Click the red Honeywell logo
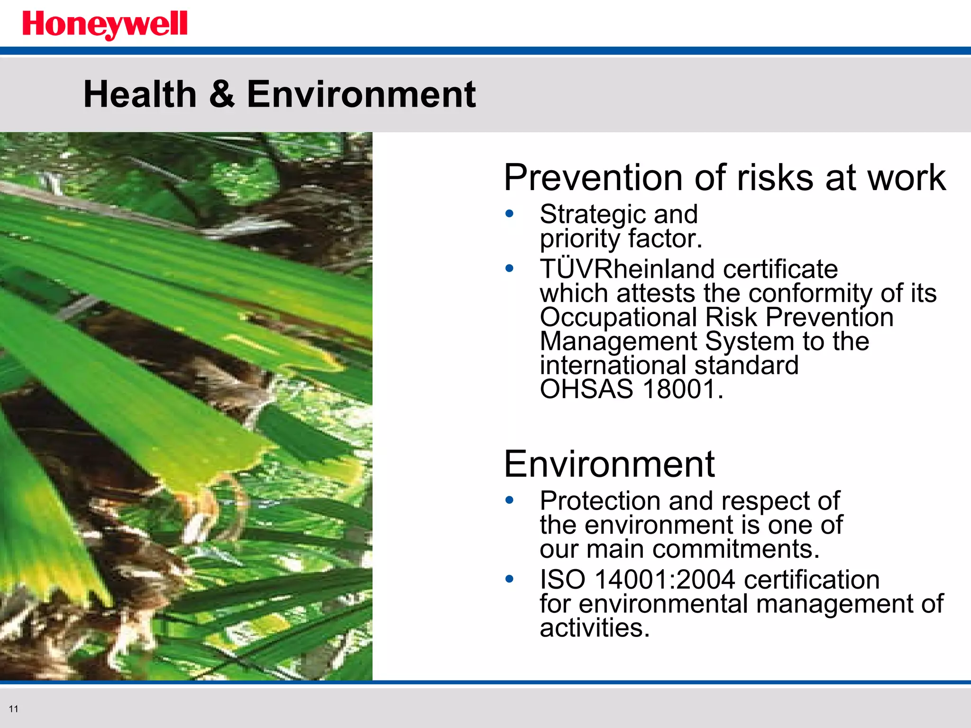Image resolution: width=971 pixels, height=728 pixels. click(x=105, y=25)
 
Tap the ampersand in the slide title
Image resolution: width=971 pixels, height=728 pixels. click(x=221, y=94)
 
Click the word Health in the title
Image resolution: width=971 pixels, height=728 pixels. click(x=140, y=94)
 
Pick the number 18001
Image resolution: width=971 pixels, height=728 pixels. click(x=679, y=390)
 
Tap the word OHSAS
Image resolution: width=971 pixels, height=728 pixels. click(x=586, y=390)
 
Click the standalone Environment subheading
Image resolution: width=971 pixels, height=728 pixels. click(x=609, y=464)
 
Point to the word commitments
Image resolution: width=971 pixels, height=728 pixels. click(x=736, y=549)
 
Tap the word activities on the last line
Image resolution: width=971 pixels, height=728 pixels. click(x=595, y=628)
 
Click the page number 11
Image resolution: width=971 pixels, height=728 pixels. click(x=13, y=709)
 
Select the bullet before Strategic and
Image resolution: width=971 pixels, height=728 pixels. click(x=510, y=214)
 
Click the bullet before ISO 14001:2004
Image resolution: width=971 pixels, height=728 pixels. click(x=510, y=579)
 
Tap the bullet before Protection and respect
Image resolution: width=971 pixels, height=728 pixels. click(x=510, y=500)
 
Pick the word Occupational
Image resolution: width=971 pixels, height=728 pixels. click(x=618, y=318)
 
